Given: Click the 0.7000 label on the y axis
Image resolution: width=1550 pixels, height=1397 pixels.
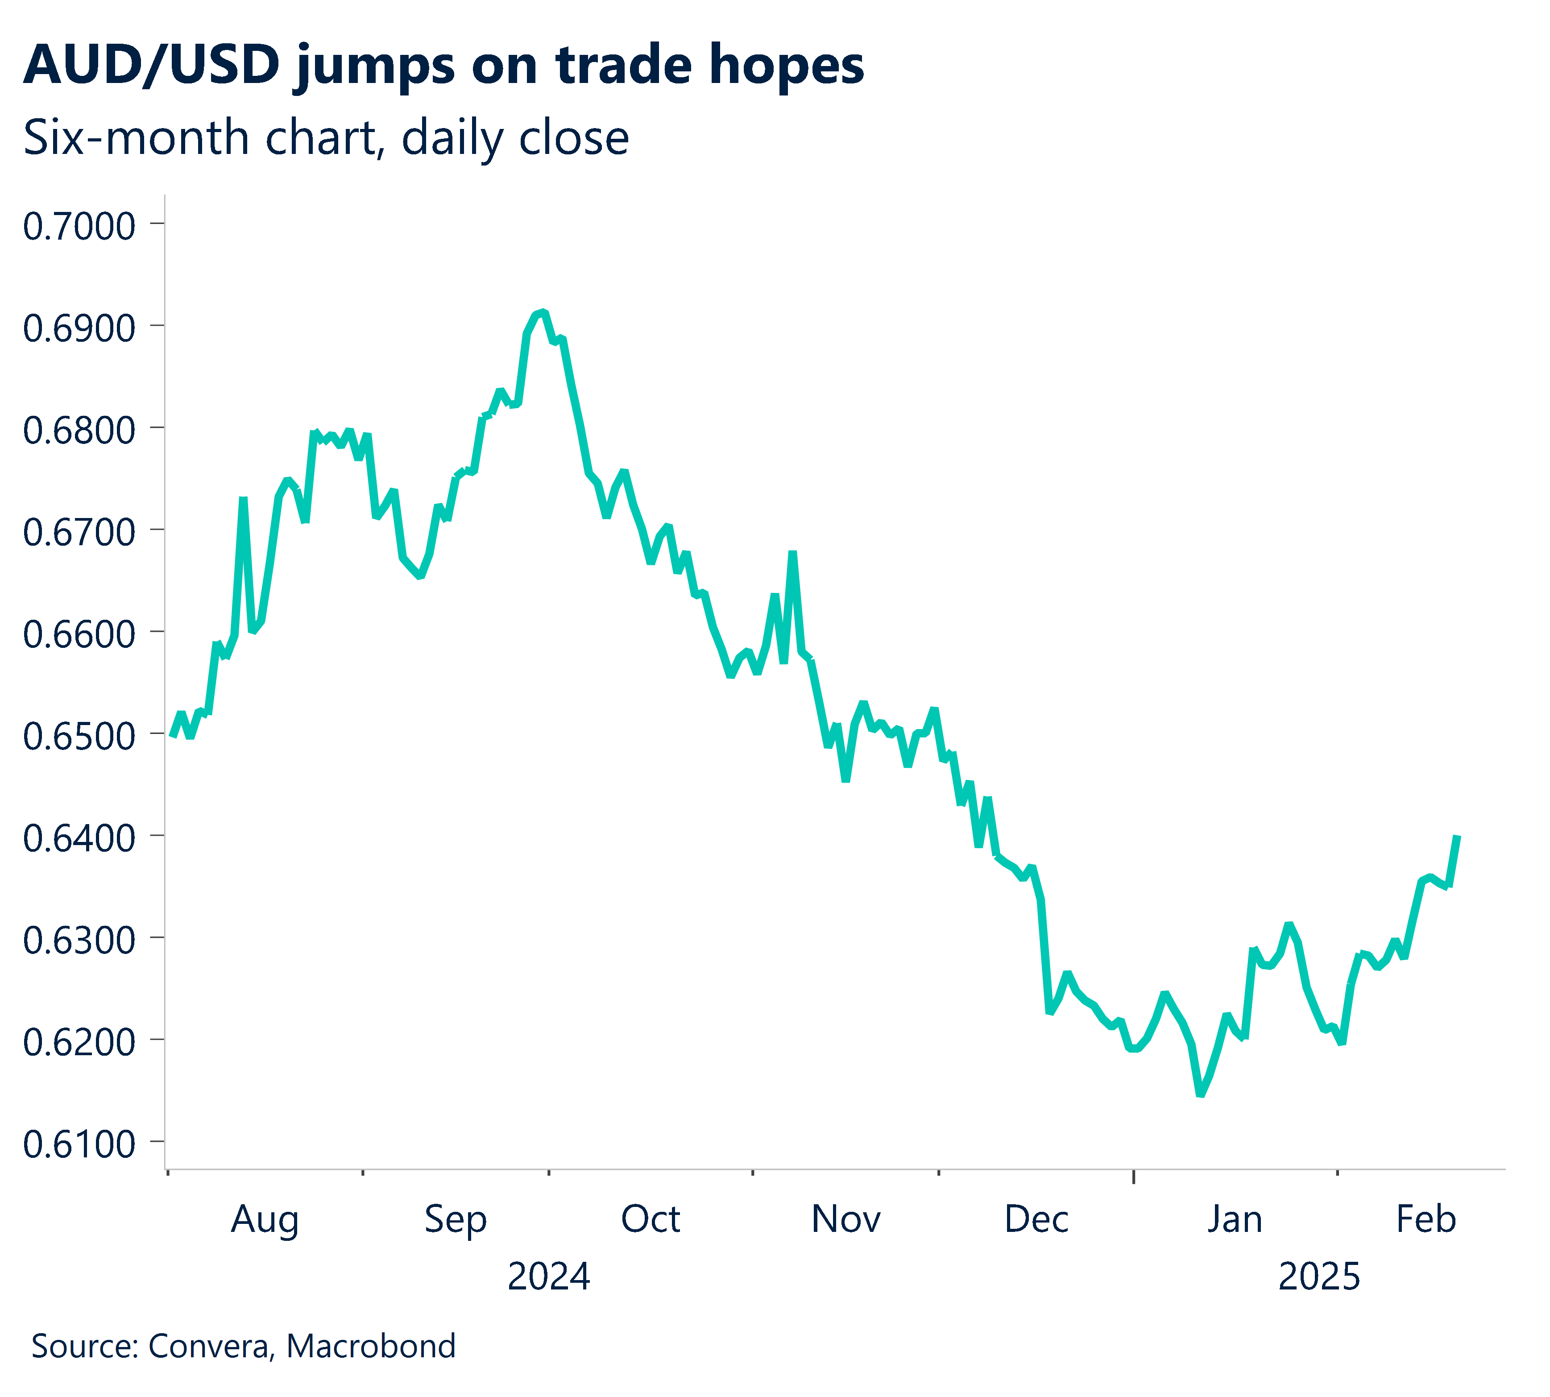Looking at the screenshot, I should (x=79, y=226).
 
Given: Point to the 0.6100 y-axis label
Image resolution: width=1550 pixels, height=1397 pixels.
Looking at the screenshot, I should (x=79, y=1144).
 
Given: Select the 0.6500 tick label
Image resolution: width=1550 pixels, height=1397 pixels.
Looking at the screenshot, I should (x=79, y=736).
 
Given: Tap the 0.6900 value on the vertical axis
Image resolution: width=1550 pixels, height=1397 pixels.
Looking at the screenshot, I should (x=79, y=328).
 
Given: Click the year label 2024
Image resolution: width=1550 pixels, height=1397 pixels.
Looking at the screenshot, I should (x=548, y=1277).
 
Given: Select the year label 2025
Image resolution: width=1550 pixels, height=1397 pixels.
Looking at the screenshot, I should (x=1318, y=1277).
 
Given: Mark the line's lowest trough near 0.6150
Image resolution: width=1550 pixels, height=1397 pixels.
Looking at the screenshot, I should (x=1200, y=1094).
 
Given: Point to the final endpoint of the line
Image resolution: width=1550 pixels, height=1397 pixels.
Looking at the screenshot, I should (x=1457, y=837).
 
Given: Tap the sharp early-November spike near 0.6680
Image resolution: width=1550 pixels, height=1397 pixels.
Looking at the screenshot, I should (x=792, y=553).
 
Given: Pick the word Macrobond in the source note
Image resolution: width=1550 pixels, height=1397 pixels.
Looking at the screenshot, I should (x=371, y=1346).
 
